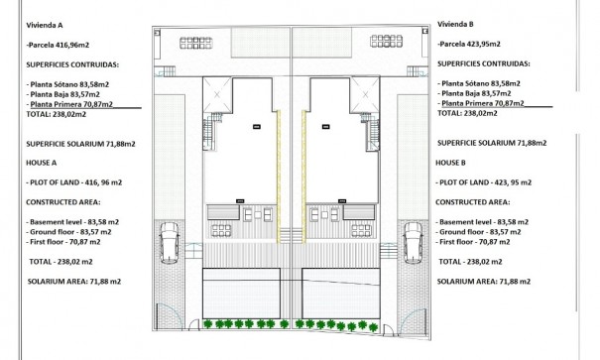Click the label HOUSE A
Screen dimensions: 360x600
click(x=42, y=162)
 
